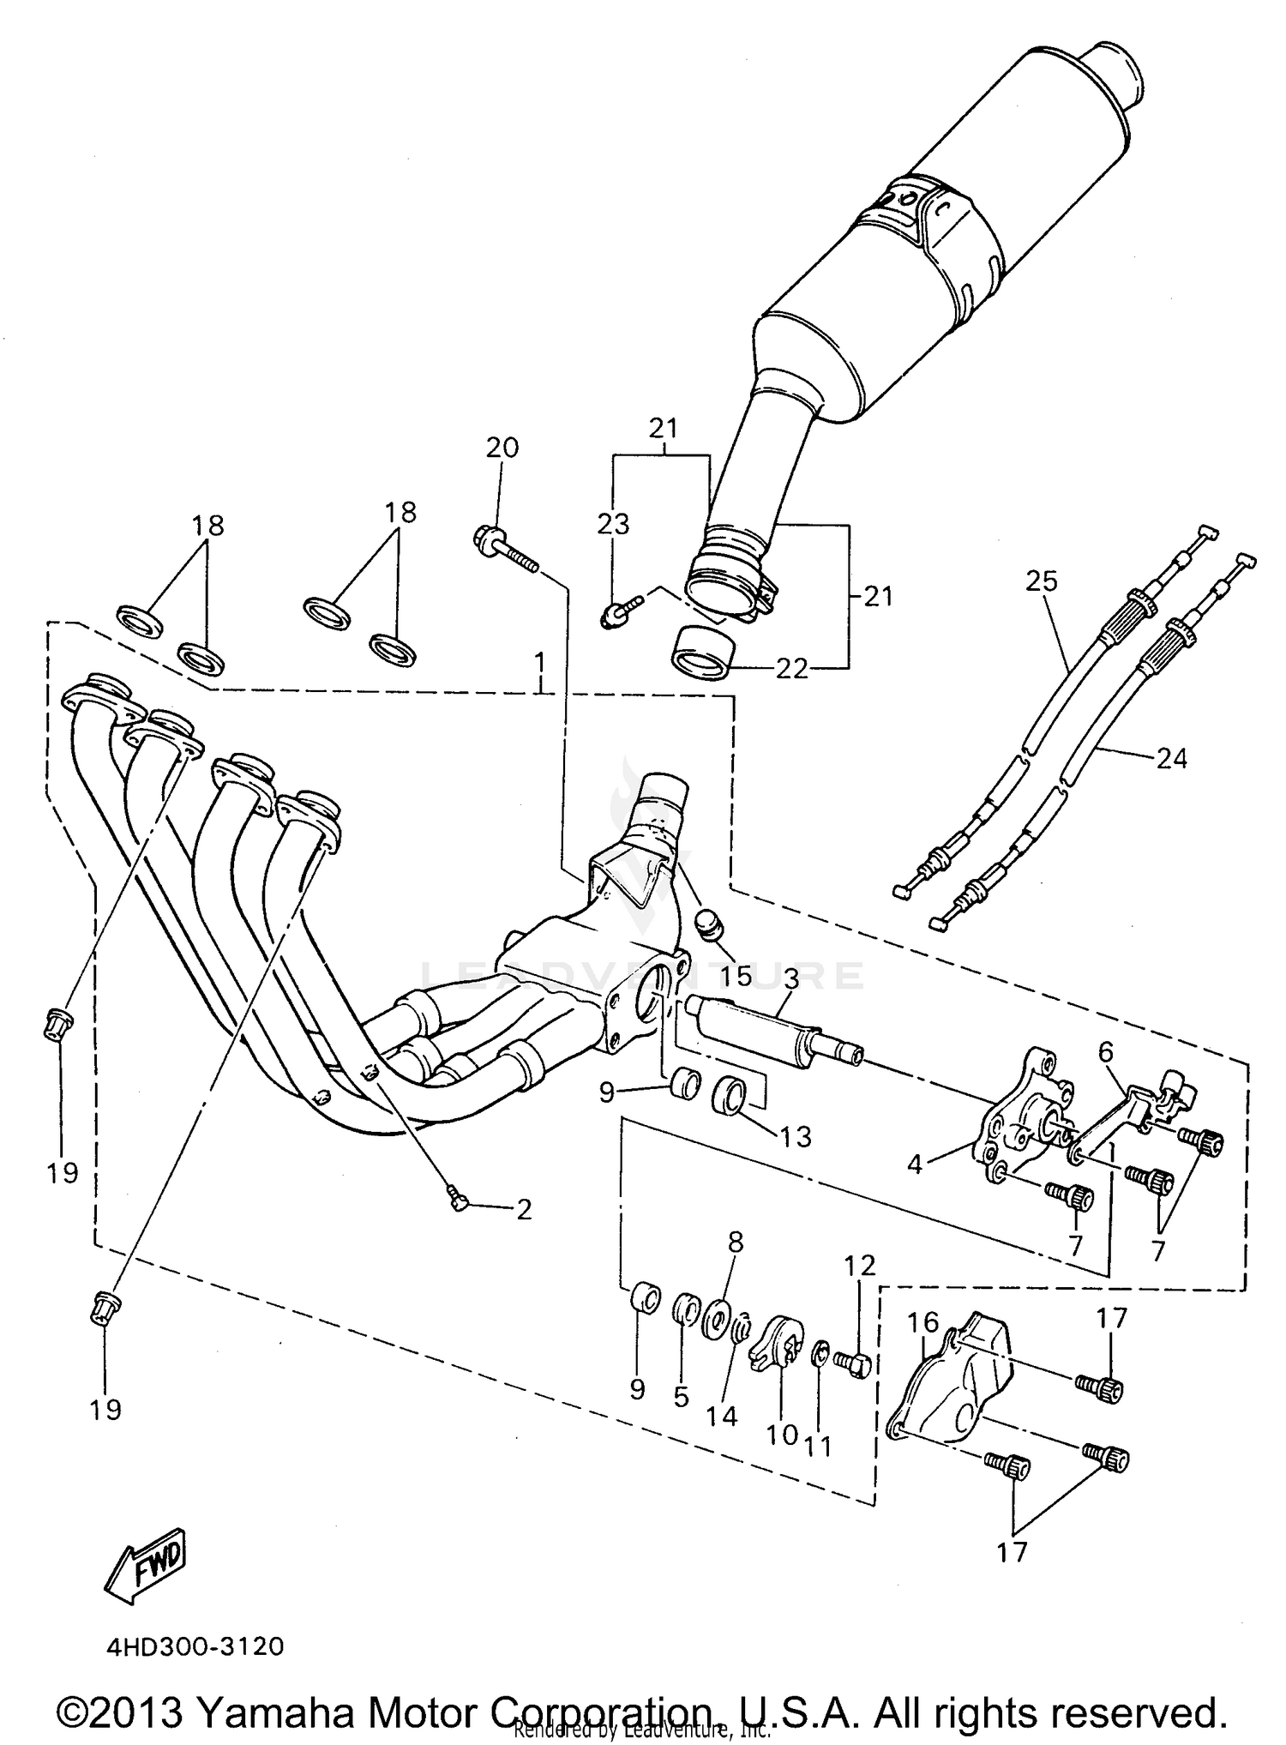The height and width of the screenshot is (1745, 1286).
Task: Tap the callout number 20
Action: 502,448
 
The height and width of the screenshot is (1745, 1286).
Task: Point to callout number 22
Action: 791,670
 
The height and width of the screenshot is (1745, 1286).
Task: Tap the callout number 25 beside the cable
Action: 1042,582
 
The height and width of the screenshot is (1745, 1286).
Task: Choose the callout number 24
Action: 1171,758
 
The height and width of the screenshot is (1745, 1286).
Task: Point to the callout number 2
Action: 524,1210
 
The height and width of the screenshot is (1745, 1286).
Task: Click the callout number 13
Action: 795,1137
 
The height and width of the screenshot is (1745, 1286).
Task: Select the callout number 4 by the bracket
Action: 915,1165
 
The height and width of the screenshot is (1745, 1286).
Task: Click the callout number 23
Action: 613,524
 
